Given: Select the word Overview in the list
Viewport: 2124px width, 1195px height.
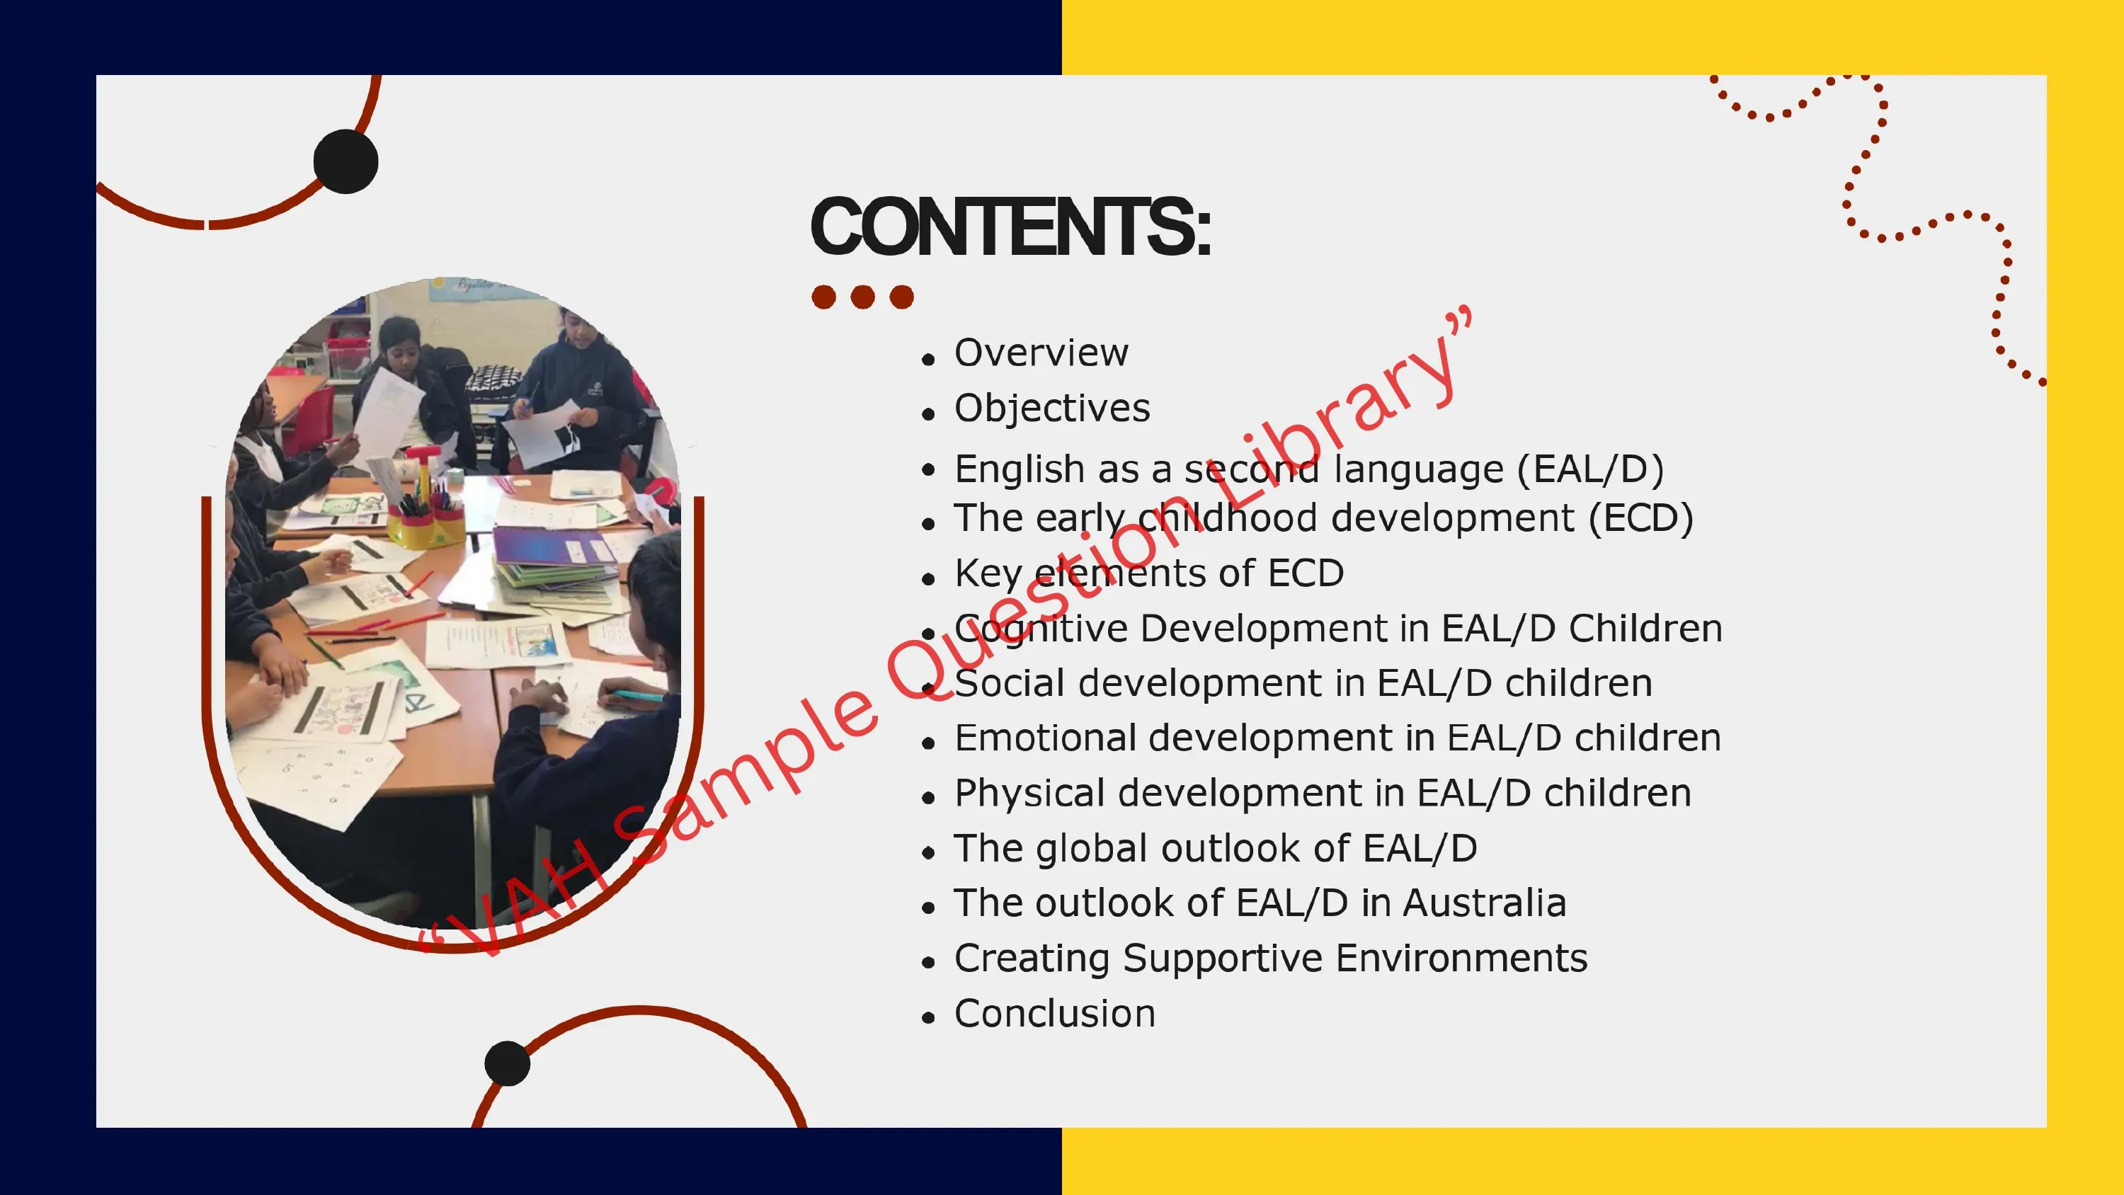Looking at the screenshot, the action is point(1041,353).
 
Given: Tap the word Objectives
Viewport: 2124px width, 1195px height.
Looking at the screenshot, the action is point(1052,408).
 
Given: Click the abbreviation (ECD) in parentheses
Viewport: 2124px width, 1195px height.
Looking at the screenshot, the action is point(1641,519).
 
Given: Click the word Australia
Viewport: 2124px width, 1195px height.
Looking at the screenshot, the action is point(1484,903).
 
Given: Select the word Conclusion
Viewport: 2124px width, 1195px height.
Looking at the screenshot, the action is point(1055,1014).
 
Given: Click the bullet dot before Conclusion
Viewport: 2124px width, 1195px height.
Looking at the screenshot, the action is point(928,1018).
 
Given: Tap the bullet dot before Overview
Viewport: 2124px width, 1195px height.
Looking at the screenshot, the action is point(928,359).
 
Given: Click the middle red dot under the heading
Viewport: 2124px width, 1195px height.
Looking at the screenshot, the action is point(862,297).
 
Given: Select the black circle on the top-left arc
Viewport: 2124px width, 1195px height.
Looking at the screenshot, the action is point(346,161).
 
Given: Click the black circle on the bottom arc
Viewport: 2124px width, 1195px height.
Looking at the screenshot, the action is point(507,1064).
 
